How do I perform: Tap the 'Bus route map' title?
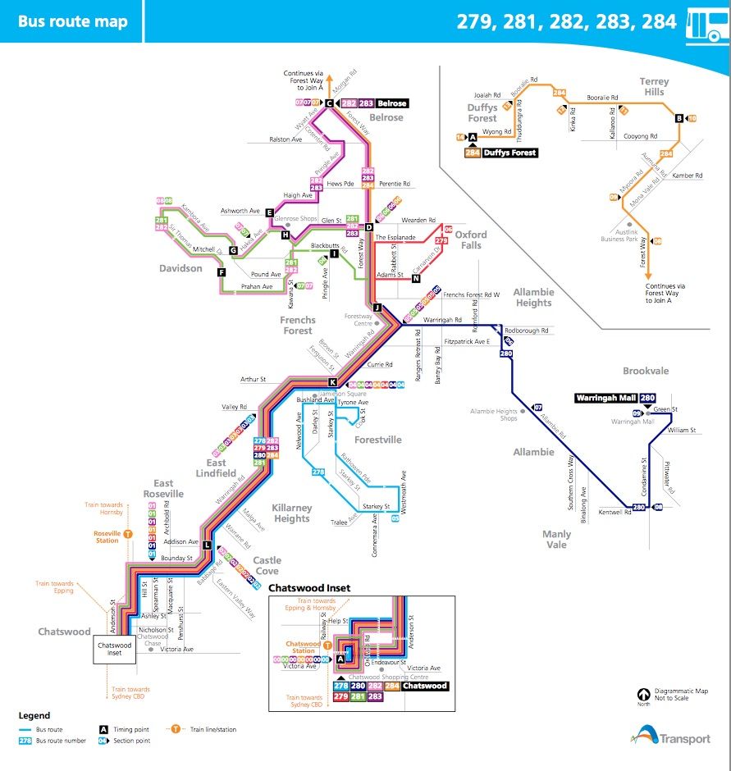pyautogui.click(x=72, y=21)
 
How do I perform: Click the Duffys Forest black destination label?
pyautogui.click(x=509, y=153)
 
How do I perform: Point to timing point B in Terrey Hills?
pyautogui.click(x=678, y=118)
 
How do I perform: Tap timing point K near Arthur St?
pyautogui.click(x=332, y=382)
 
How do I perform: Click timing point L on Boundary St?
pyautogui.click(x=207, y=545)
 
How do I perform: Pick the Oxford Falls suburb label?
pyautogui.click(x=471, y=240)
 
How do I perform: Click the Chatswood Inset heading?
pyautogui.click(x=309, y=588)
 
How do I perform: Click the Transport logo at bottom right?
pyautogui.click(x=673, y=735)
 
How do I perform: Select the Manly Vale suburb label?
pyautogui.click(x=556, y=539)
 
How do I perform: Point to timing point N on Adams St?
pyautogui.click(x=416, y=278)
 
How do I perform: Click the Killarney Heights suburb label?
pyautogui.click(x=292, y=513)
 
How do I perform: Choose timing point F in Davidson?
pyautogui.click(x=221, y=271)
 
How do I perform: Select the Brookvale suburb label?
pyautogui.click(x=646, y=371)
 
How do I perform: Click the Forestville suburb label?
pyautogui.click(x=378, y=440)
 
